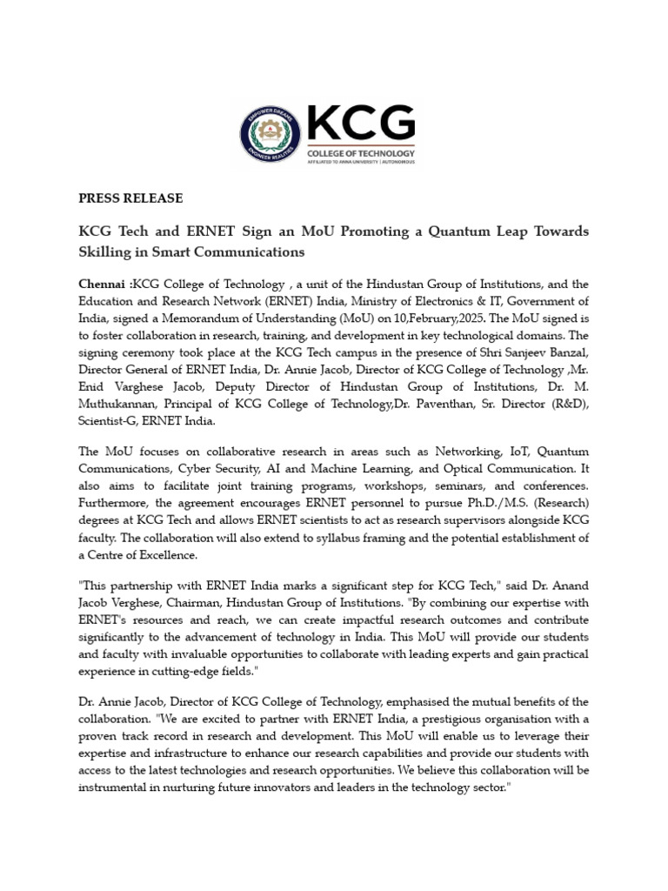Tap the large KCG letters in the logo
[360, 124]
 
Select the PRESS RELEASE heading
[130, 198]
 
